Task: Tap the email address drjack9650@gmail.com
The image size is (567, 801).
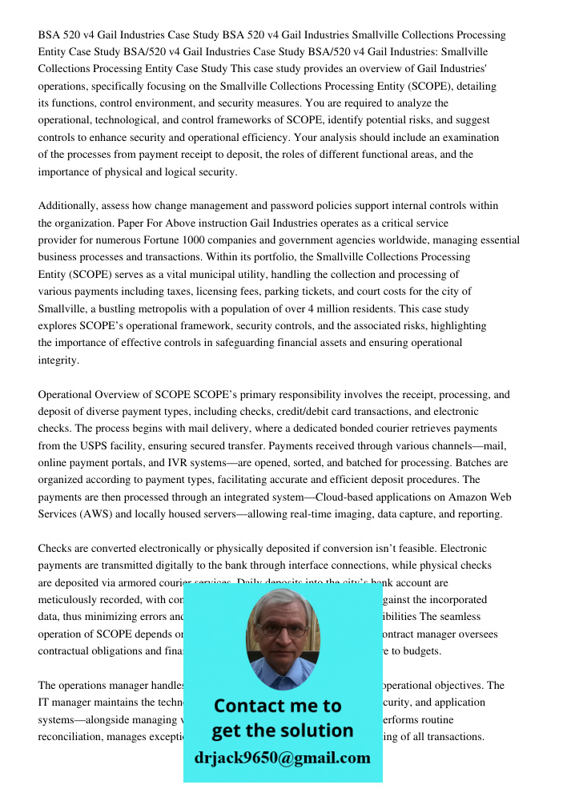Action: pyautogui.click(x=282, y=758)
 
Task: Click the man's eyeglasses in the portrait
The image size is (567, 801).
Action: pyautogui.click(x=282, y=630)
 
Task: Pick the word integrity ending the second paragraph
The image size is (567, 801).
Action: pyautogui.click(x=58, y=360)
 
